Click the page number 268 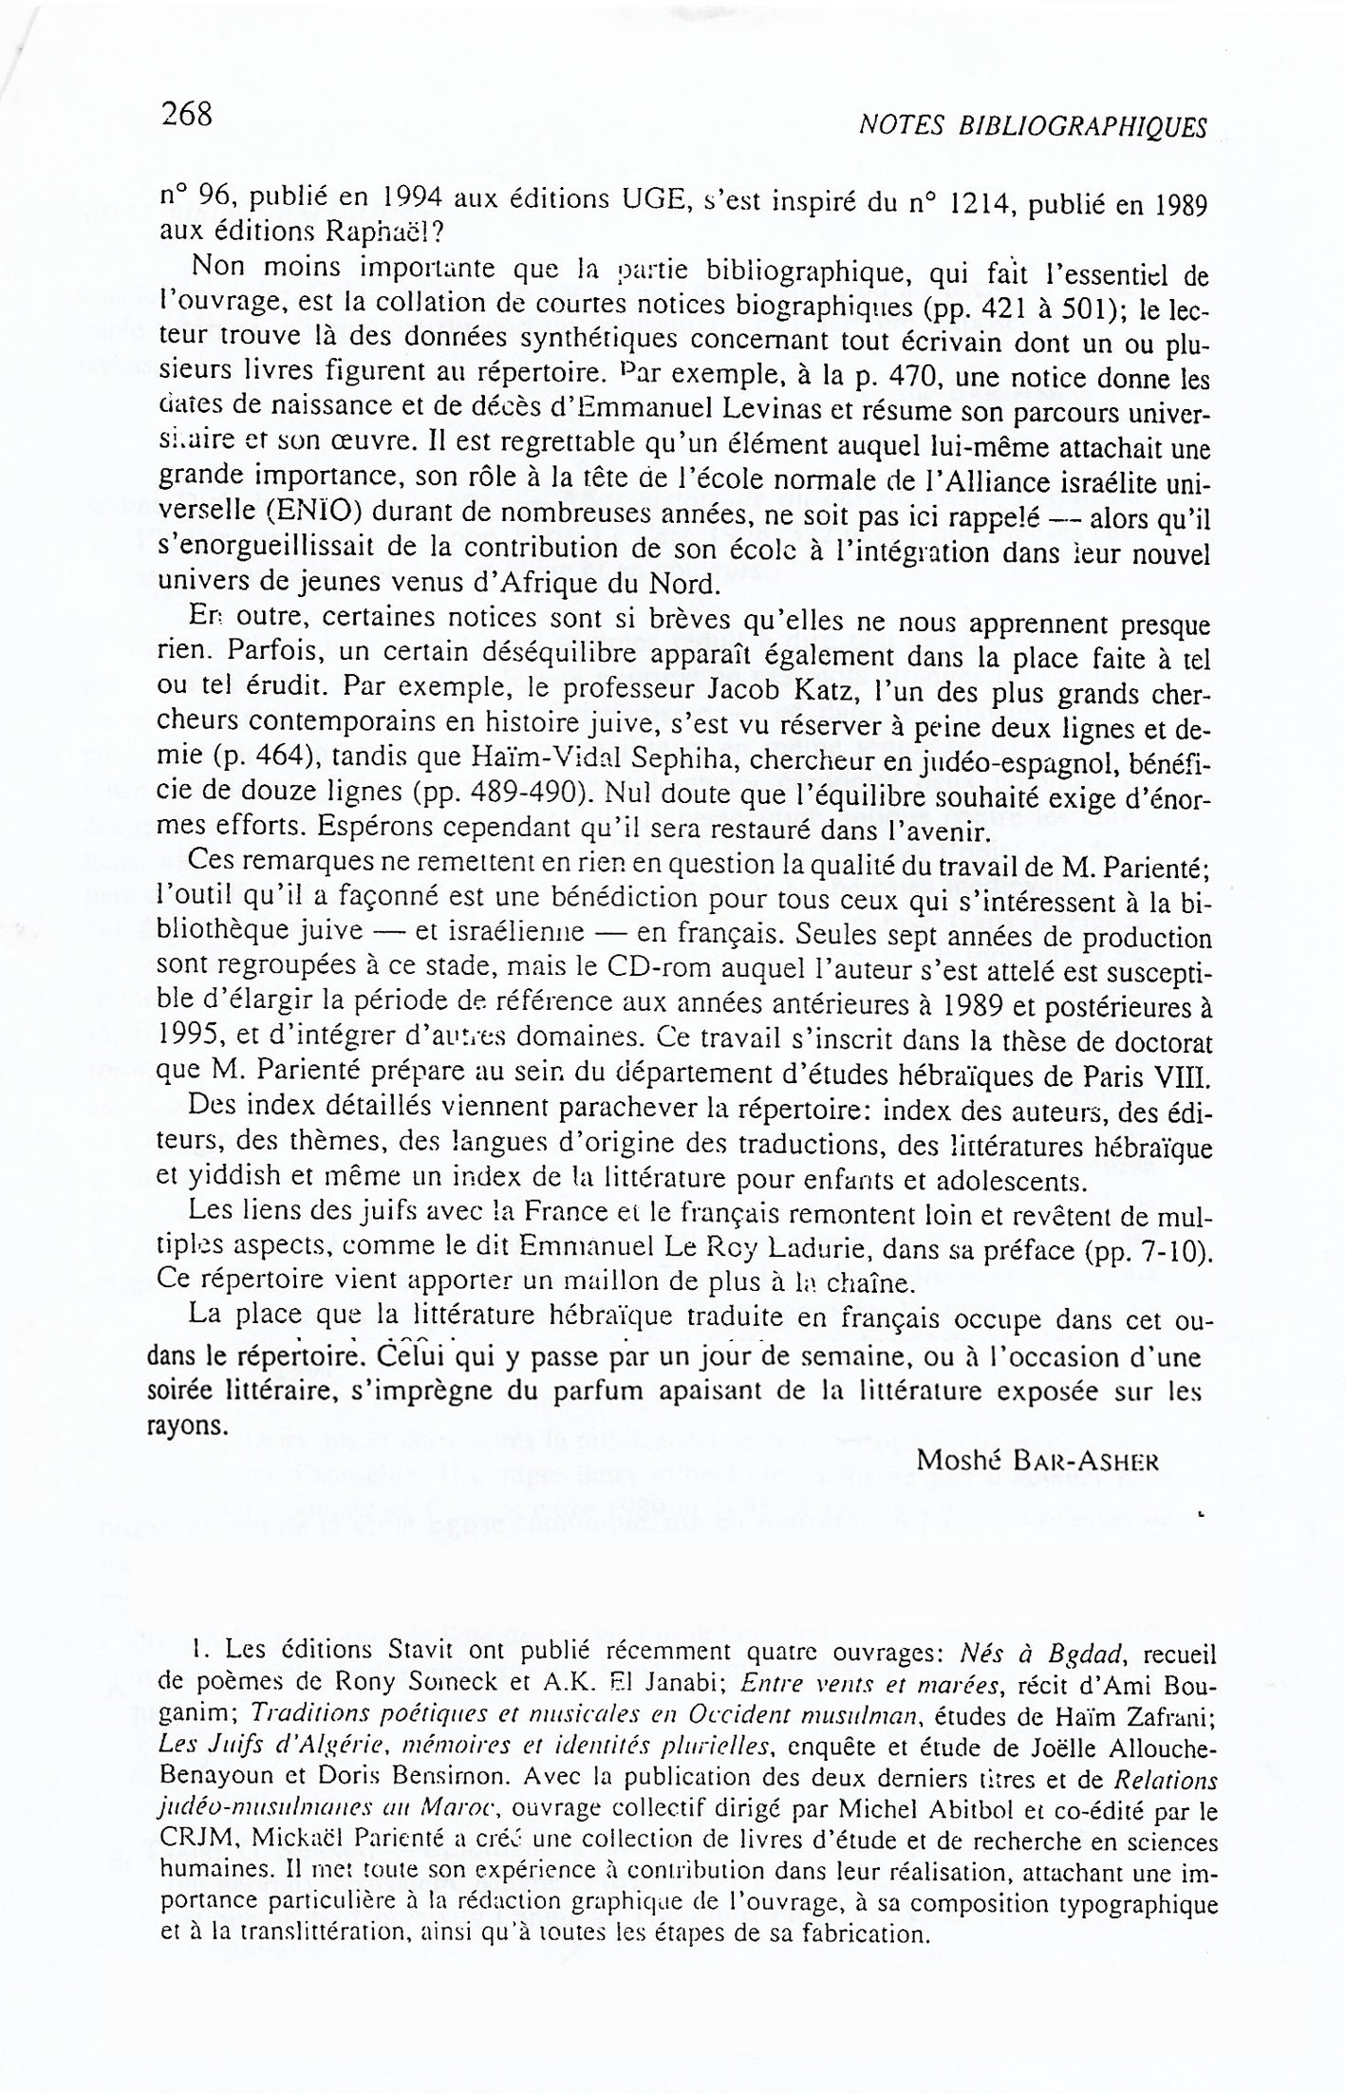[186, 114]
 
